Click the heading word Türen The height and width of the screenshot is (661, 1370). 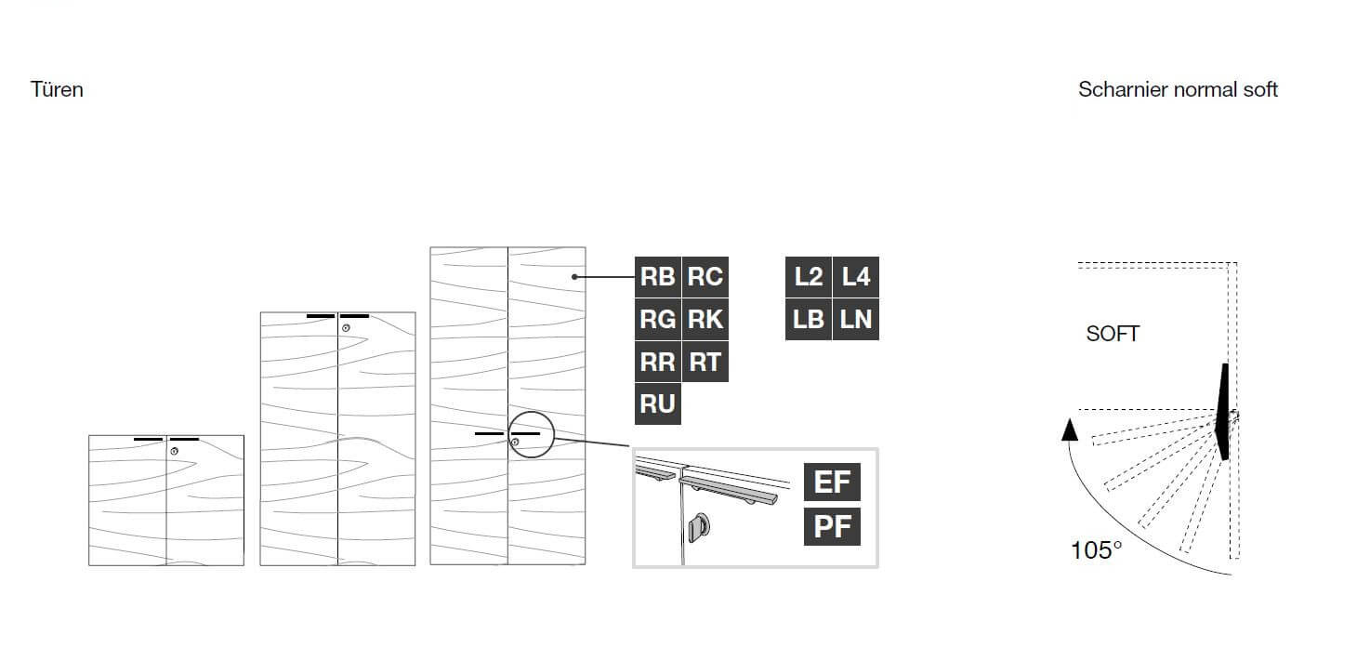[57, 89]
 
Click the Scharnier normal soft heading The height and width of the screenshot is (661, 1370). [1178, 89]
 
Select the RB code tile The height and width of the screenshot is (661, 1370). [657, 277]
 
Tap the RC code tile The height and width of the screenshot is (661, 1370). [705, 277]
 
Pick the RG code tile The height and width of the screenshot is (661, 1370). [657, 319]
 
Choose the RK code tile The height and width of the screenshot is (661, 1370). [705, 319]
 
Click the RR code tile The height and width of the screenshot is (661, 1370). [657, 362]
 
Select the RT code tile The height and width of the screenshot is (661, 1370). [705, 362]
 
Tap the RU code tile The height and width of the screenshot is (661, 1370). [657, 403]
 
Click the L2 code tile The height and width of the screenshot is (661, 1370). [808, 277]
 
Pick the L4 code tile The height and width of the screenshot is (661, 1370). [856, 277]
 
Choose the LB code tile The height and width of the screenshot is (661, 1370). [808, 319]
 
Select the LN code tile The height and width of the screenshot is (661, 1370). [856, 319]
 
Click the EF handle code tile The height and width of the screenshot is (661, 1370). [832, 482]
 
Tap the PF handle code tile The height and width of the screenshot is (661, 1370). [832, 526]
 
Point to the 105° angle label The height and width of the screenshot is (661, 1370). [1096, 550]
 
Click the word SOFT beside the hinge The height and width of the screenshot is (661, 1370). [1113, 334]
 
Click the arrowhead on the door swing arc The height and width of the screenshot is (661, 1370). [1070, 430]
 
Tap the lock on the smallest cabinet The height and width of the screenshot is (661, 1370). [175, 451]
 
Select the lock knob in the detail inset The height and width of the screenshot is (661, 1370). [699, 527]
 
